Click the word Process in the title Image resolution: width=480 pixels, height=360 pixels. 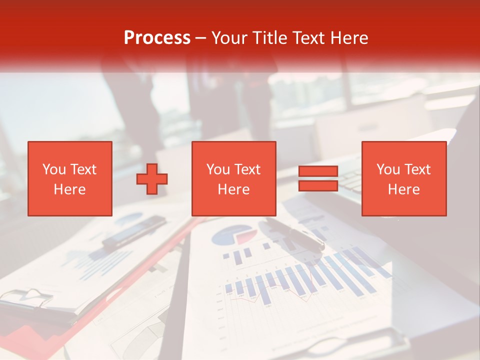click(157, 38)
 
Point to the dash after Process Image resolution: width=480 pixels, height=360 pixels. click(200, 38)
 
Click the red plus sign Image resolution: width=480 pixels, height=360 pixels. click(152, 179)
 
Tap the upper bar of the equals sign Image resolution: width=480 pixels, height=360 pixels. click(318, 171)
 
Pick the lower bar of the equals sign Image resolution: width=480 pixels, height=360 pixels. click(318, 185)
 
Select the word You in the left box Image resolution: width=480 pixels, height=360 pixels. click(54, 169)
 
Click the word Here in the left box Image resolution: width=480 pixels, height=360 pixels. click(69, 189)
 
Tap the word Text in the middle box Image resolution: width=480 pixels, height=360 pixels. click(247, 169)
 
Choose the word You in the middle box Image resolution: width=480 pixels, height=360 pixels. click(218, 169)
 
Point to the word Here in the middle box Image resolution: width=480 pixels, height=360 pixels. click(233, 189)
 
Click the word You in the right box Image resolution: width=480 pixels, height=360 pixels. click(388, 169)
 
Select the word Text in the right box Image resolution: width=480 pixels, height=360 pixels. click(417, 169)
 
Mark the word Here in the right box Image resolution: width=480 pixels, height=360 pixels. click(403, 189)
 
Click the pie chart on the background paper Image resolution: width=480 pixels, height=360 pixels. click(231, 235)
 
